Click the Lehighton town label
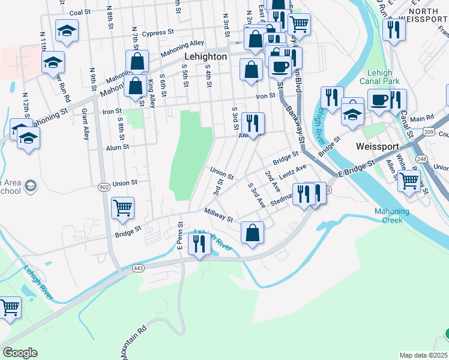click(205, 56)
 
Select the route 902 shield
click(104, 187)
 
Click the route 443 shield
click(138, 267)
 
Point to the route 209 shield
click(428, 131)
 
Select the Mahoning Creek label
click(391, 215)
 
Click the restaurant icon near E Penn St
click(197, 243)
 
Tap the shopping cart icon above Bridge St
click(122, 208)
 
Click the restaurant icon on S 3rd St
click(253, 123)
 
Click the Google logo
click(20, 352)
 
